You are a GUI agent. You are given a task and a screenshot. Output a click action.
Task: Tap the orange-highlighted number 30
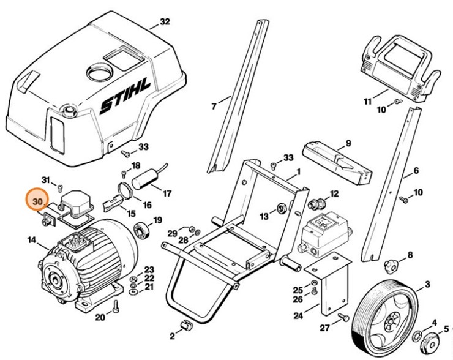pyautogui.click(x=37, y=201)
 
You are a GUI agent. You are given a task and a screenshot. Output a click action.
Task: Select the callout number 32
pyautogui.click(x=164, y=22)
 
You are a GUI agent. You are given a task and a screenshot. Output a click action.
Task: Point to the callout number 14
pyautogui.click(x=31, y=241)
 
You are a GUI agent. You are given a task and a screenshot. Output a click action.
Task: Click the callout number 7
pyautogui.click(x=214, y=107)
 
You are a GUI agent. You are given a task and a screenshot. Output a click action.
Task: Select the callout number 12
pyautogui.click(x=334, y=194)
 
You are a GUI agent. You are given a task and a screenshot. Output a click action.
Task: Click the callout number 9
pyautogui.click(x=348, y=143)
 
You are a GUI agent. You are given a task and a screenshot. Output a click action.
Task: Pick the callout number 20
pyautogui.click(x=100, y=317)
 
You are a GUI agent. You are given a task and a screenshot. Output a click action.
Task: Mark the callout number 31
pyautogui.click(x=45, y=179)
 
